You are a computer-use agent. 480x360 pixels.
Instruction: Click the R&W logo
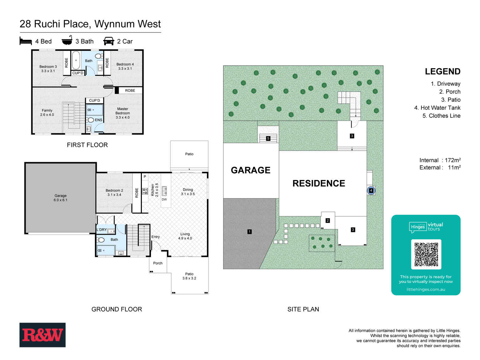(43, 335)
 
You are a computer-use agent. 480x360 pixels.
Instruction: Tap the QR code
(426, 254)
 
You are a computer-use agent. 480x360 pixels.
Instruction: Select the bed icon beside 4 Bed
(26, 41)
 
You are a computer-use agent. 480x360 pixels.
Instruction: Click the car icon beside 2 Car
(108, 41)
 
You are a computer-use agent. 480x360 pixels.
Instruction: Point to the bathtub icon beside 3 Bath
(67, 41)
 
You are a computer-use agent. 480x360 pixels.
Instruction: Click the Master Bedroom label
(122, 113)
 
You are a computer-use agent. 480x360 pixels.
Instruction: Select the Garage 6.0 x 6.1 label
(60, 198)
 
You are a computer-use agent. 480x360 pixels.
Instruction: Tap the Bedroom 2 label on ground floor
(114, 193)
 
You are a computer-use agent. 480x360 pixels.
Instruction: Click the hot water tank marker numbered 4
(371, 190)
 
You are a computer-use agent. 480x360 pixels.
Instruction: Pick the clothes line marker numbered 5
(268, 138)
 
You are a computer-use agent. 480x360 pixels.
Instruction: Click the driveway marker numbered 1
(250, 232)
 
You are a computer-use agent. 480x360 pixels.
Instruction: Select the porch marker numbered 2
(328, 220)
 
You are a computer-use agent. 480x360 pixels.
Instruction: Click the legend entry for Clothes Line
(441, 116)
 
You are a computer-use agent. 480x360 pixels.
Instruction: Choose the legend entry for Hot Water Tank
(437, 108)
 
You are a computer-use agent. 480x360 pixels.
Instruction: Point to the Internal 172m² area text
(440, 160)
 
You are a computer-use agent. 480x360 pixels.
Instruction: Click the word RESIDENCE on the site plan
(319, 183)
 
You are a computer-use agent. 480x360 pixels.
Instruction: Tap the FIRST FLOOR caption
(87, 145)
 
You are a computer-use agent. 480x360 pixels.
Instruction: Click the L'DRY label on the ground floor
(101, 230)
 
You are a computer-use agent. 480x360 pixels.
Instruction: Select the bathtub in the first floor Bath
(76, 60)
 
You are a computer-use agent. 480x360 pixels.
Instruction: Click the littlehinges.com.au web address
(426, 290)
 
